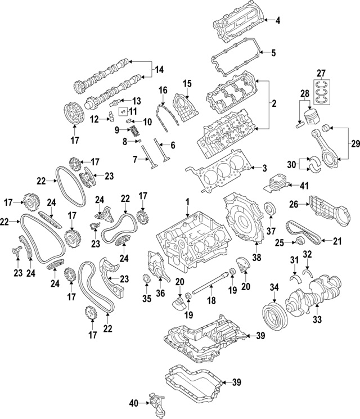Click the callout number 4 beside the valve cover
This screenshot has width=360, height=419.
[x=277, y=21]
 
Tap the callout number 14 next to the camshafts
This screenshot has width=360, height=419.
[x=159, y=70]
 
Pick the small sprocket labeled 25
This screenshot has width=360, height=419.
[x=299, y=242]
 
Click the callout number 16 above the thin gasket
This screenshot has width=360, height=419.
[x=163, y=90]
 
